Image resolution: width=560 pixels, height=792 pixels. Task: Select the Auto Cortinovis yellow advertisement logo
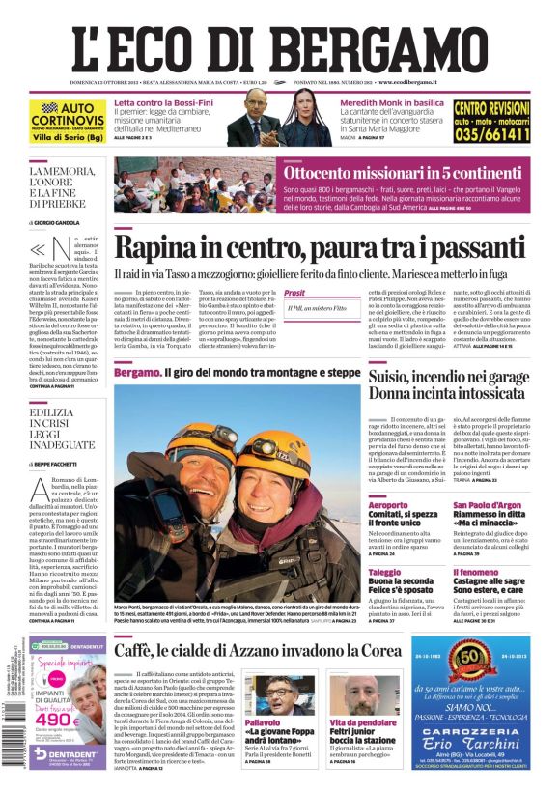click(x=68, y=120)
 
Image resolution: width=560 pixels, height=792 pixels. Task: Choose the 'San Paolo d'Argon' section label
click(x=487, y=505)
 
